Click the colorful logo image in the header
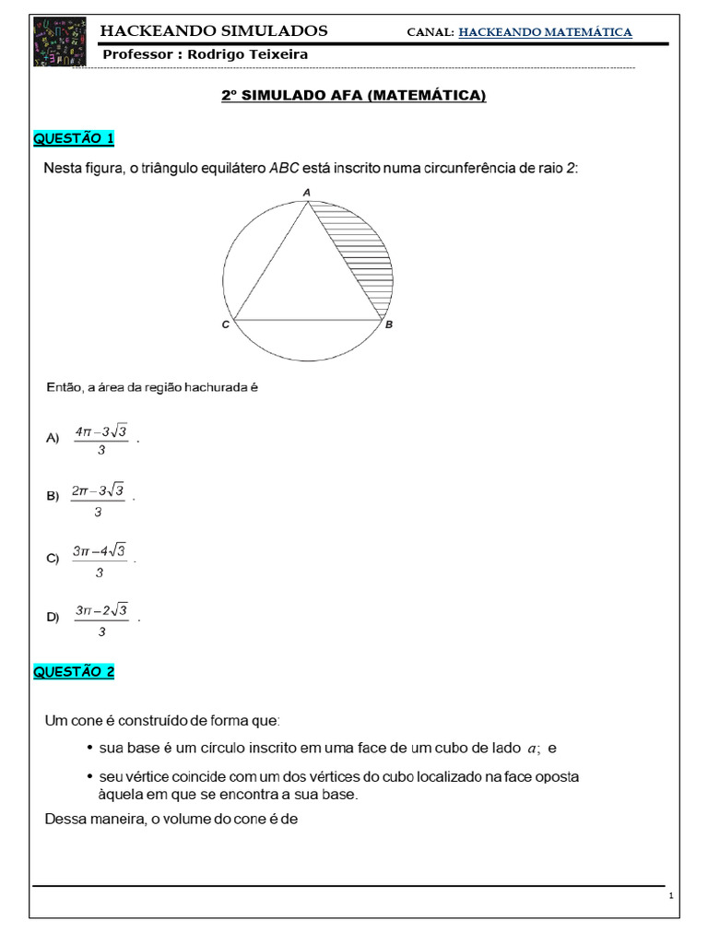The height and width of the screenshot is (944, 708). coord(61,41)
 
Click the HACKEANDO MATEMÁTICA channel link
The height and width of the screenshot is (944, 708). coord(545,32)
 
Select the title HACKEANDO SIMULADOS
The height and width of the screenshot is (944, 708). coord(214,31)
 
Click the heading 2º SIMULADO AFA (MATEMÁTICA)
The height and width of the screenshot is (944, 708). coord(354,96)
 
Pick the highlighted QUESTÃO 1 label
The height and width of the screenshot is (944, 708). coord(74,139)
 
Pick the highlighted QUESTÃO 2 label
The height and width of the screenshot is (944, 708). coord(74,672)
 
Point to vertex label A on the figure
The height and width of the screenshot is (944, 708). coord(307,192)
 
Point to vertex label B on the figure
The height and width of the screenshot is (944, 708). coord(389,324)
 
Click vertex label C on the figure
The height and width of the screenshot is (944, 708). coord(225,324)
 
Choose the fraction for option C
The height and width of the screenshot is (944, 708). coord(100,560)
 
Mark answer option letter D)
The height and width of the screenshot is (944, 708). coord(53,617)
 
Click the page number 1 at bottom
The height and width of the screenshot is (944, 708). coord(671,896)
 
